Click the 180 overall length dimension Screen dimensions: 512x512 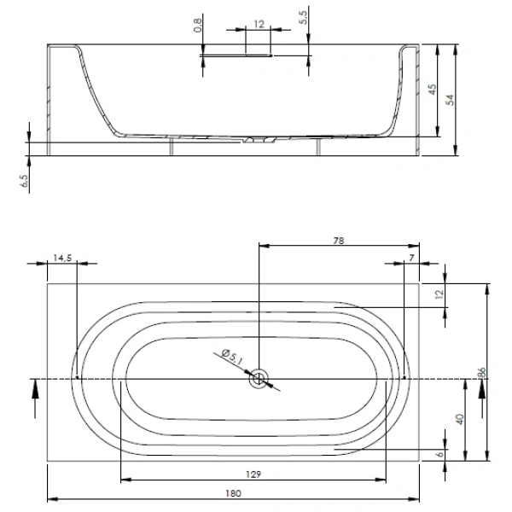[233, 493]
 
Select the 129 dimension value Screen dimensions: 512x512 [253, 474]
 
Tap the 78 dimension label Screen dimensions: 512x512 [339, 241]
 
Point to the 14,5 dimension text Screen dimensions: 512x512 [62, 258]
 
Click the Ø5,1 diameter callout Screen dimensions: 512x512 [232, 357]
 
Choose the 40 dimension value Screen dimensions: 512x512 [460, 419]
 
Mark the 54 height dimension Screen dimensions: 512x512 [451, 100]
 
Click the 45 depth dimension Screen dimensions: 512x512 [432, 90]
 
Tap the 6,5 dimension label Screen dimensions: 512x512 [24, 181]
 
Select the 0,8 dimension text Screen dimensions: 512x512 [198, 25]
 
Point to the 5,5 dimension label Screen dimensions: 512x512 [303, 18]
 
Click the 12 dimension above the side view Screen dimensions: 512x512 [259, 24]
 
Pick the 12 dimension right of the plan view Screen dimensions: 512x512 [439, 294]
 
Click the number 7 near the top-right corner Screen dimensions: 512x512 [411, 258]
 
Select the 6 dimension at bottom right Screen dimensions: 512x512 [440, 454]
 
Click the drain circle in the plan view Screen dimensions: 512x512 [259, 379]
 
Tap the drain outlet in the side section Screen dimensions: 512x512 [259, 140]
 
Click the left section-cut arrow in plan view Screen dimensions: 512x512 [35, 399]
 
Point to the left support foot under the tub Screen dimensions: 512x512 [172, 146]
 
